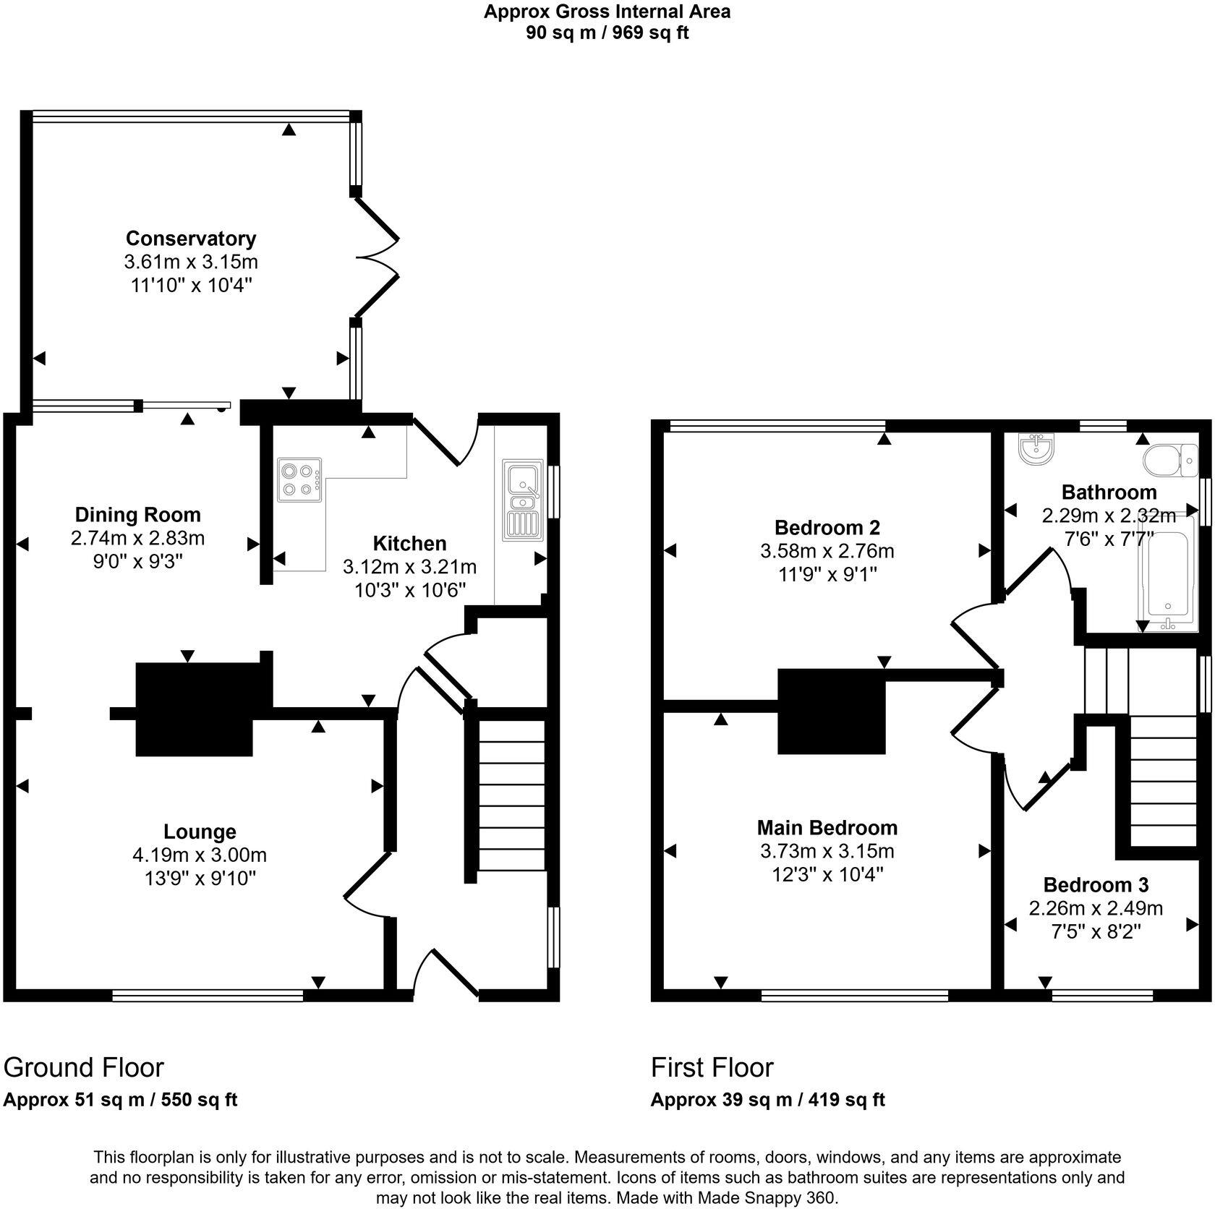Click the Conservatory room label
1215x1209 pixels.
pos(191,238)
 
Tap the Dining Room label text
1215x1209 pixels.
pos(138,515)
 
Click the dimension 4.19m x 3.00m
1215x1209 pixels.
pos(200,855)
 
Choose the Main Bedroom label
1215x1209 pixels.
pos(827,827)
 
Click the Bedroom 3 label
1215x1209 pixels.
pos(1096,884)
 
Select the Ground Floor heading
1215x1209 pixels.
pos(84,1067)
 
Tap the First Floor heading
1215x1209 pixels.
pos(712,1067)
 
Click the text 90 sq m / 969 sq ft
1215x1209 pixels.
pos(607,33)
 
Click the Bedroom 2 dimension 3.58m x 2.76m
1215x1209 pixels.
pos(827,551)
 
